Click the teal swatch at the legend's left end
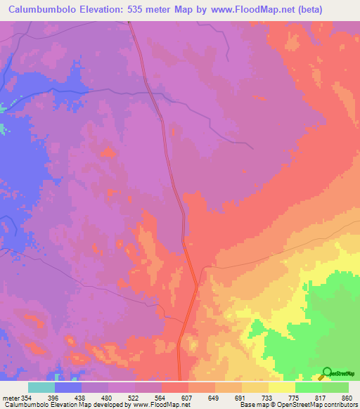(x=41, y=387)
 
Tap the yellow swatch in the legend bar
(x=282, y=387)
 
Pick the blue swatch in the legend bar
(x=68, y=387)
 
